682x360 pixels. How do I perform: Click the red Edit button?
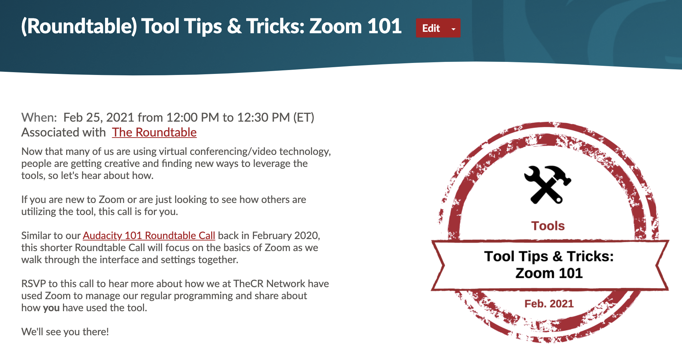tap(431, 28)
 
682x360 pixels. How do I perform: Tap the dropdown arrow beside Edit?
tap(453, 29)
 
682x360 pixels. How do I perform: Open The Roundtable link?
tap(154, 132)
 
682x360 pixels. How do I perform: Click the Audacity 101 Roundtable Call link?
tap(149, 236)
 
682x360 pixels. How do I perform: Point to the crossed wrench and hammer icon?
tap(547, 185)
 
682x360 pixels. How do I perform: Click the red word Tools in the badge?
tap(548, 226)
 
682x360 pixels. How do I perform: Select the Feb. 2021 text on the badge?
tap(549, 303)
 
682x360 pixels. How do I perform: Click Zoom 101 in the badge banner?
tap(549, 273)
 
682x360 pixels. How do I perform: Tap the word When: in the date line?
tap(39, 117)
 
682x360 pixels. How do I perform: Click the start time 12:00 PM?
tap(192, 117)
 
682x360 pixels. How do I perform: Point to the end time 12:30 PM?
tap(263, 117)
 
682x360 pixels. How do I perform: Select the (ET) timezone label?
tap(304, 117)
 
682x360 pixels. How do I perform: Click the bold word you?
tap(51, 308)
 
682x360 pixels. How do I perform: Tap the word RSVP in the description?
tap(33, 284)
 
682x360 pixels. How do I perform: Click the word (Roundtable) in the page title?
tap(79, 26)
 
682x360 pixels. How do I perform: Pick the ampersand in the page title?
tap(234, 26)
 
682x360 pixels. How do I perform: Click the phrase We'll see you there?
tap(65, 332)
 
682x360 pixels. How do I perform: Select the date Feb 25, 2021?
tap(99, 117)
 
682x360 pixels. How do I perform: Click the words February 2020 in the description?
tap(285, 236)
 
